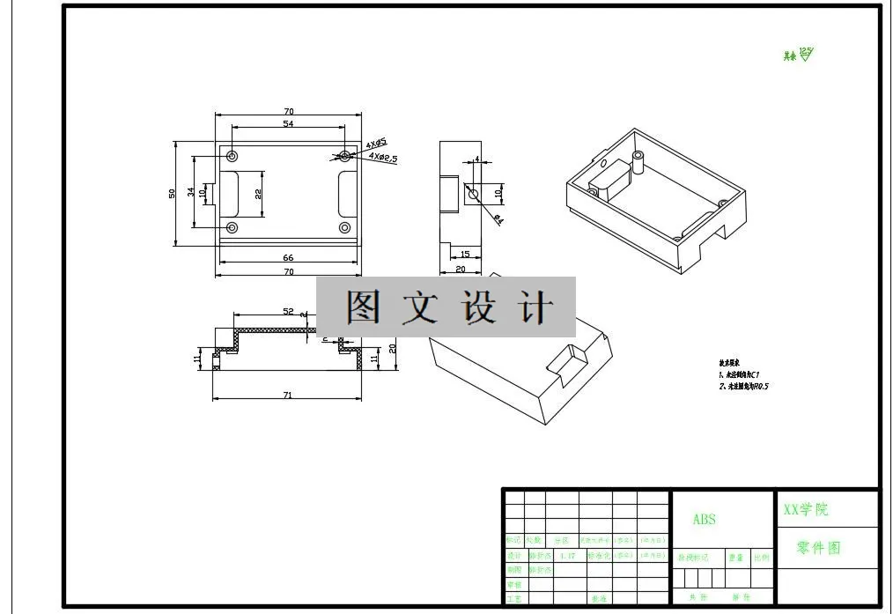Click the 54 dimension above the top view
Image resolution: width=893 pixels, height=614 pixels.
[288, 124]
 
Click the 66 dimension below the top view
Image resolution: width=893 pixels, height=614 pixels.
[288, 258]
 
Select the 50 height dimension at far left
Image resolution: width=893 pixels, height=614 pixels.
[173, 193]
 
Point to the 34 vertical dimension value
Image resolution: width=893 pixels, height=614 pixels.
[191, 192]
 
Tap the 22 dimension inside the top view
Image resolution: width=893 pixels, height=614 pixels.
[259, 193]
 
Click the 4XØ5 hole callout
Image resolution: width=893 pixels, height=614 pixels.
[378, 144]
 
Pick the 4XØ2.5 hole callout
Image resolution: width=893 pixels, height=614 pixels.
[383, 158]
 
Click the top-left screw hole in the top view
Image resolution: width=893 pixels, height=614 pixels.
[232, 156]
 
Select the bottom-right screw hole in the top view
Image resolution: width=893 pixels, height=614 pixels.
[344, 227]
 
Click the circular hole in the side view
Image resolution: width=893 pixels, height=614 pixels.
[473, 194]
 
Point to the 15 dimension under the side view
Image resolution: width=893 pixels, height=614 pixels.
[464, 255]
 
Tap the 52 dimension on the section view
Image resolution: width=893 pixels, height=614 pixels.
[288, 312]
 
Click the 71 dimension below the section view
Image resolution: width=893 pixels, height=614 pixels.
[287, 396]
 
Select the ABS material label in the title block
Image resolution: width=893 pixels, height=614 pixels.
[705, 520]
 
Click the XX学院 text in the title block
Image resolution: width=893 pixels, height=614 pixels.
[806, 509]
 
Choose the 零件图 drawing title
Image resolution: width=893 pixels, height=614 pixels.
[818, 548]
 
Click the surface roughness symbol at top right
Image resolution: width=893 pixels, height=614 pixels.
[805, 55]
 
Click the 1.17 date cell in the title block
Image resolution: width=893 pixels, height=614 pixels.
[567, 556]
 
